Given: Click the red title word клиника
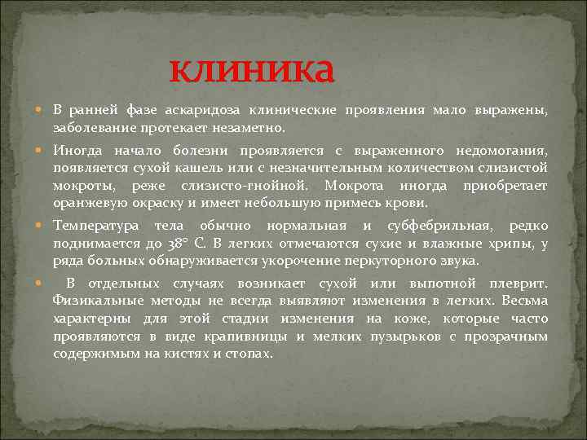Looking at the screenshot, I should click(x=252, y=71).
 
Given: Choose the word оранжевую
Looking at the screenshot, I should click(x=88, y=203).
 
